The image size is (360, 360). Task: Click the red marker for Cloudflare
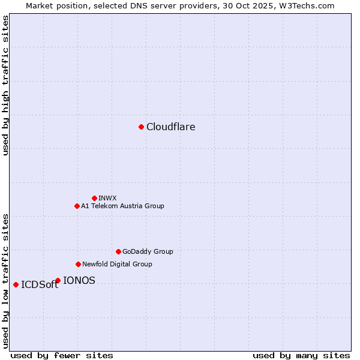[141, 127]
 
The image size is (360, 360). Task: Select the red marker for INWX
[94, 198]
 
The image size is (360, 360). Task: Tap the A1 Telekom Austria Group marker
[77, 206]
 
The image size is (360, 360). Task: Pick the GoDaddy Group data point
[118, 251]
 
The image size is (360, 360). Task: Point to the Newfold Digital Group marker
[78, 264]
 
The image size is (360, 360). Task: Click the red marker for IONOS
[58, 280]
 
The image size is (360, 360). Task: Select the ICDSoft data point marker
[16, 284]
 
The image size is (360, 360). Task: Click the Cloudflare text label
[170, 127]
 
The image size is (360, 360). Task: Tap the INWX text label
[107, 198]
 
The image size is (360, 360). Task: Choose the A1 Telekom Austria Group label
[122, 206]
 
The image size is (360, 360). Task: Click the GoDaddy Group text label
[148, 251]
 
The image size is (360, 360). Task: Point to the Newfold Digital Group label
[117, 264]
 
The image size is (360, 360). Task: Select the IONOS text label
[79, 280]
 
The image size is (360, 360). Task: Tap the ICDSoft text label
[40, 285]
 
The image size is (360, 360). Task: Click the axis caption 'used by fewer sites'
[62, 355]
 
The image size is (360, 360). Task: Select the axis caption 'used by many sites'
[301, 355]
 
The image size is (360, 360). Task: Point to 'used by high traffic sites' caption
[5, 85]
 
